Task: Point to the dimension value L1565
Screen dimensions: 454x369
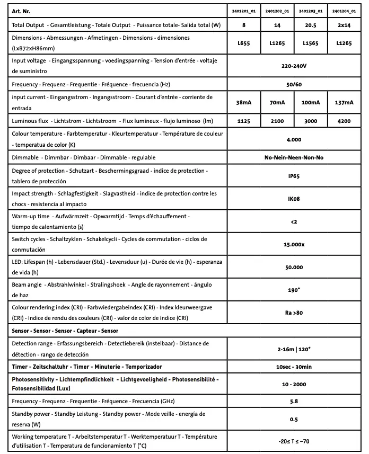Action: (x=311, y=43)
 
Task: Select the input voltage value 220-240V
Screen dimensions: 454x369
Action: (x=294, y=67)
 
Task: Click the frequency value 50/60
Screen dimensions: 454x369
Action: (x=294, y=84)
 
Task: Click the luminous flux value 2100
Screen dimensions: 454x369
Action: (x=277, y=121)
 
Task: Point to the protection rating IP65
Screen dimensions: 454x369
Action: (x=294, y=176)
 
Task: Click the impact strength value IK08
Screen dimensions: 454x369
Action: (x=294, y=199)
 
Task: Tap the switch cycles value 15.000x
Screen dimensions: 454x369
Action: (x=294, y=244)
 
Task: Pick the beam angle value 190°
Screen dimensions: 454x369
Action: (x=294, y=290)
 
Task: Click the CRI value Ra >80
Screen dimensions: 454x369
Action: (x=294, y=313)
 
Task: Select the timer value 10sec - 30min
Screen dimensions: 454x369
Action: (x=294, y=367)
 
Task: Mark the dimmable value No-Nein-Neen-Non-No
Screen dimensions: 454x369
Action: (x=294, y=158)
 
